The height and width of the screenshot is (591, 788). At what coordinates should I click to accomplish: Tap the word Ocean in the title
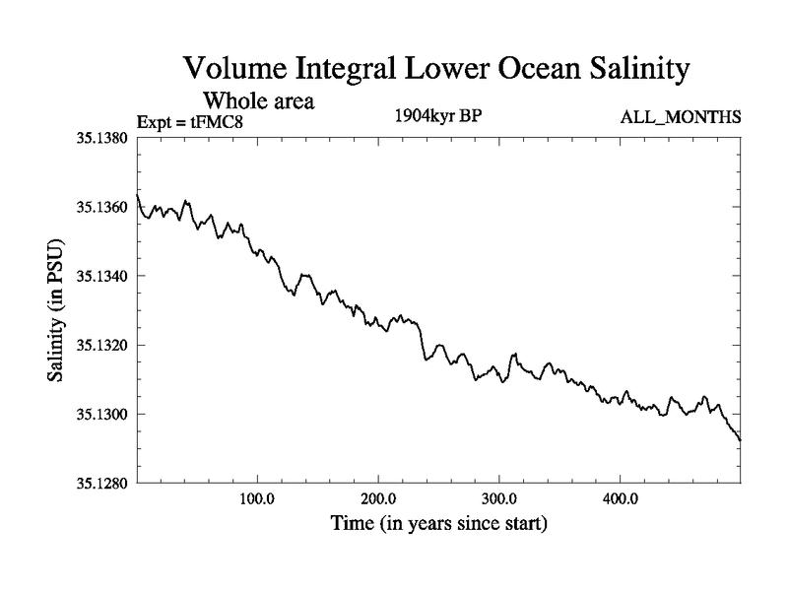[x=509, y=71]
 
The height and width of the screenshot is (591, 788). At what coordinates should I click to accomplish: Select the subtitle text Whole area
[x=258, y=100]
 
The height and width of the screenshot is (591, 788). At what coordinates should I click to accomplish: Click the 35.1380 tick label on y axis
[x=100, y=138]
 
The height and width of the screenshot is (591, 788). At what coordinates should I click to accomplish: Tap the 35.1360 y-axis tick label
[x=100, y=208]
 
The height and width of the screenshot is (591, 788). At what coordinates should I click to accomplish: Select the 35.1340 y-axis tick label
[x=100, y=277]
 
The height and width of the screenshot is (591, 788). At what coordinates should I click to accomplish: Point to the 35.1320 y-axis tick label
[x=100, y=346]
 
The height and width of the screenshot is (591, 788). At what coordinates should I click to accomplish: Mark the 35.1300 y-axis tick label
[x=100, y=415]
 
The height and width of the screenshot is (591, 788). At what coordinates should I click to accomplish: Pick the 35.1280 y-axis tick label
[x=100, y=484]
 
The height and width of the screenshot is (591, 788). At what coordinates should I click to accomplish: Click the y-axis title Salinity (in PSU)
[x=57, y=310]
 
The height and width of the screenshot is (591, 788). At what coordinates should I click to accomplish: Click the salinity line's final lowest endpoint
[x=740, y=439]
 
